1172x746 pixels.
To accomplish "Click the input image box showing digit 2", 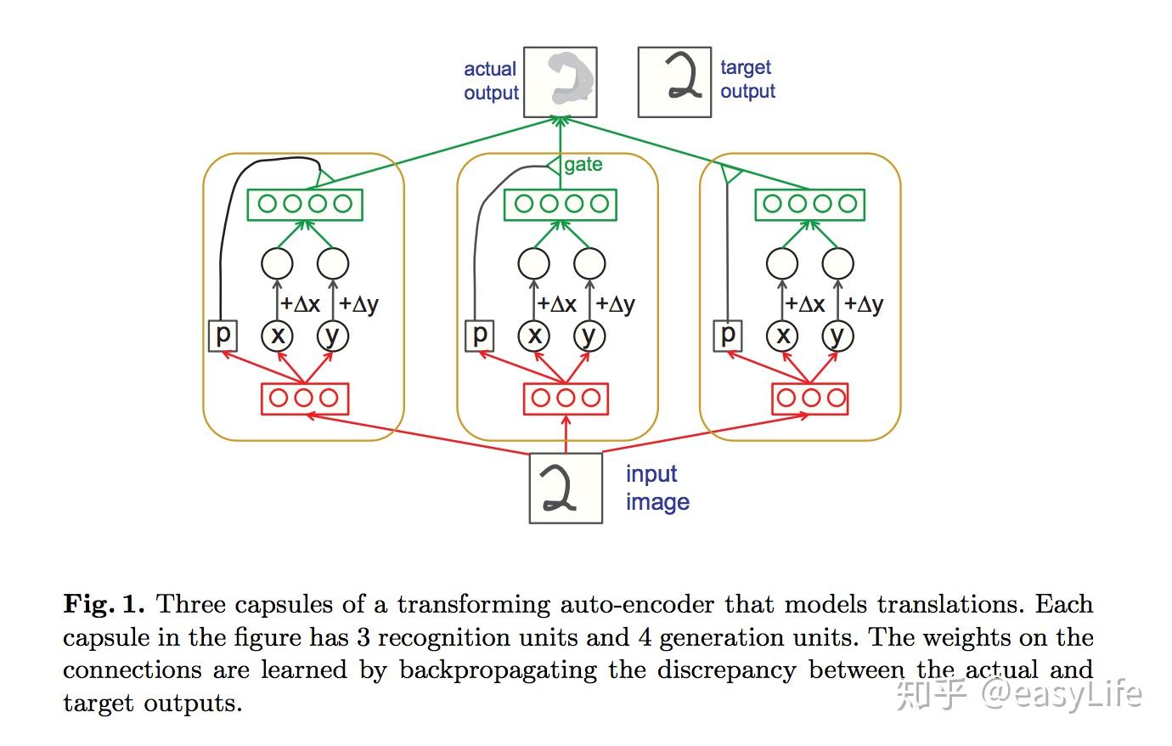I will tap(566, 488).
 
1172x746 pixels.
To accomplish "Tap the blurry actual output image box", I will tap(560, 82).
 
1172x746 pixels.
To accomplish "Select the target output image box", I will tap(674, 82).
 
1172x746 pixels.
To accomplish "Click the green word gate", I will tap(583, 165).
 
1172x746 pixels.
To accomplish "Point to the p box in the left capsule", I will tap(223, 335).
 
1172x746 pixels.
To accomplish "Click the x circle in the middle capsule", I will tap(534, 336).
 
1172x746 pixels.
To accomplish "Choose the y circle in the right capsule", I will tap(837, 336).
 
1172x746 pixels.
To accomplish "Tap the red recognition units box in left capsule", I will tap(304, 398).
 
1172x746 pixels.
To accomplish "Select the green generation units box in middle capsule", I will tap(561, 205).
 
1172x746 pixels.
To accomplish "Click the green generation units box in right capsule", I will tap(809, 205).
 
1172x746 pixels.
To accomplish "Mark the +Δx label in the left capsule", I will tap(300, 304).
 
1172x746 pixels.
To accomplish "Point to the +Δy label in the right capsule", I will tap(863, 304).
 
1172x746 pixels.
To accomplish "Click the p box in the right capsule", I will tap(727, 335).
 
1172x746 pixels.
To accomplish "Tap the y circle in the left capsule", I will tap(332, 336).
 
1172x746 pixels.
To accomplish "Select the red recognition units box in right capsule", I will tap(809, 398).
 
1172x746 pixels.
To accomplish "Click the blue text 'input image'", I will tap(656, 488).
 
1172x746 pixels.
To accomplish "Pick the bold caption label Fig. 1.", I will tap(104, 605).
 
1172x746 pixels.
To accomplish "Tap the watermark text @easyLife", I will tap(1061, 694).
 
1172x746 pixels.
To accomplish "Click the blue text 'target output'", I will tap(747, 79).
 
